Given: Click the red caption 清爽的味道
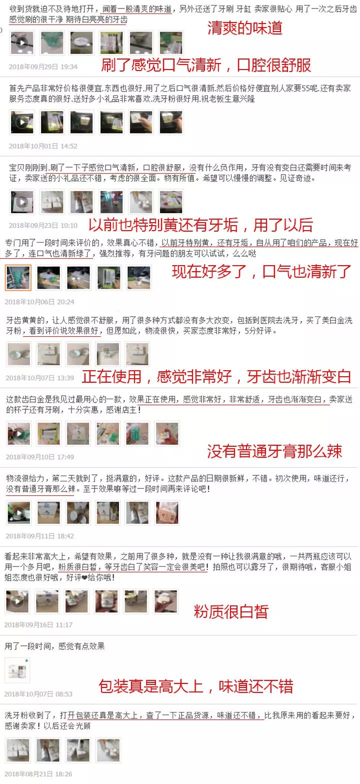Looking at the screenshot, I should click(x=244, y=28).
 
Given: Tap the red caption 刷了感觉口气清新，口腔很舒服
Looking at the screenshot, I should click(x=206, y=65).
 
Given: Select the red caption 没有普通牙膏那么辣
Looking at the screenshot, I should click(x=274, y=451).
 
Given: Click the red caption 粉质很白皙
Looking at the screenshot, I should click(x=231, y=611).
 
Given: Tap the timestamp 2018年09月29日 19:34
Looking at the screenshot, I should click(x=43, y=67).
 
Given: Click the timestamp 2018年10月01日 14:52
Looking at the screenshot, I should click(x=43, y=146).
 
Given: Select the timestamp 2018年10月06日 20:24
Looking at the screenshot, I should click(x=39, y=302).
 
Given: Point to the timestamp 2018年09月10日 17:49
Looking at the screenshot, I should click(x=39, y=457).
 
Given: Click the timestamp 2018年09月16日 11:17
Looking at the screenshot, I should click(x=38, y=625).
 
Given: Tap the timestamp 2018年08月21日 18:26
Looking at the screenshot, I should click(x=38, y=773).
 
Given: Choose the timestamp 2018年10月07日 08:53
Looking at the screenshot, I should click(x=38, y=694).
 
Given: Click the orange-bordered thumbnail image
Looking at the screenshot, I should click(x=18, y=278).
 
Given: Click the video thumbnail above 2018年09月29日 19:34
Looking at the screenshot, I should click(x=22, y=43).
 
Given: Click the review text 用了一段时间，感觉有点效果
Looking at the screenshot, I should click(x=54, y=646).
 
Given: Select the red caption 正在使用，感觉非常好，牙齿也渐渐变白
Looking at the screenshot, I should click(x=216, y=376).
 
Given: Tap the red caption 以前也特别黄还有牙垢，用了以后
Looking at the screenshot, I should click(x=200, y=225).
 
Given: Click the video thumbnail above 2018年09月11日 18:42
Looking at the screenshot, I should click(x=18, y=512).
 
